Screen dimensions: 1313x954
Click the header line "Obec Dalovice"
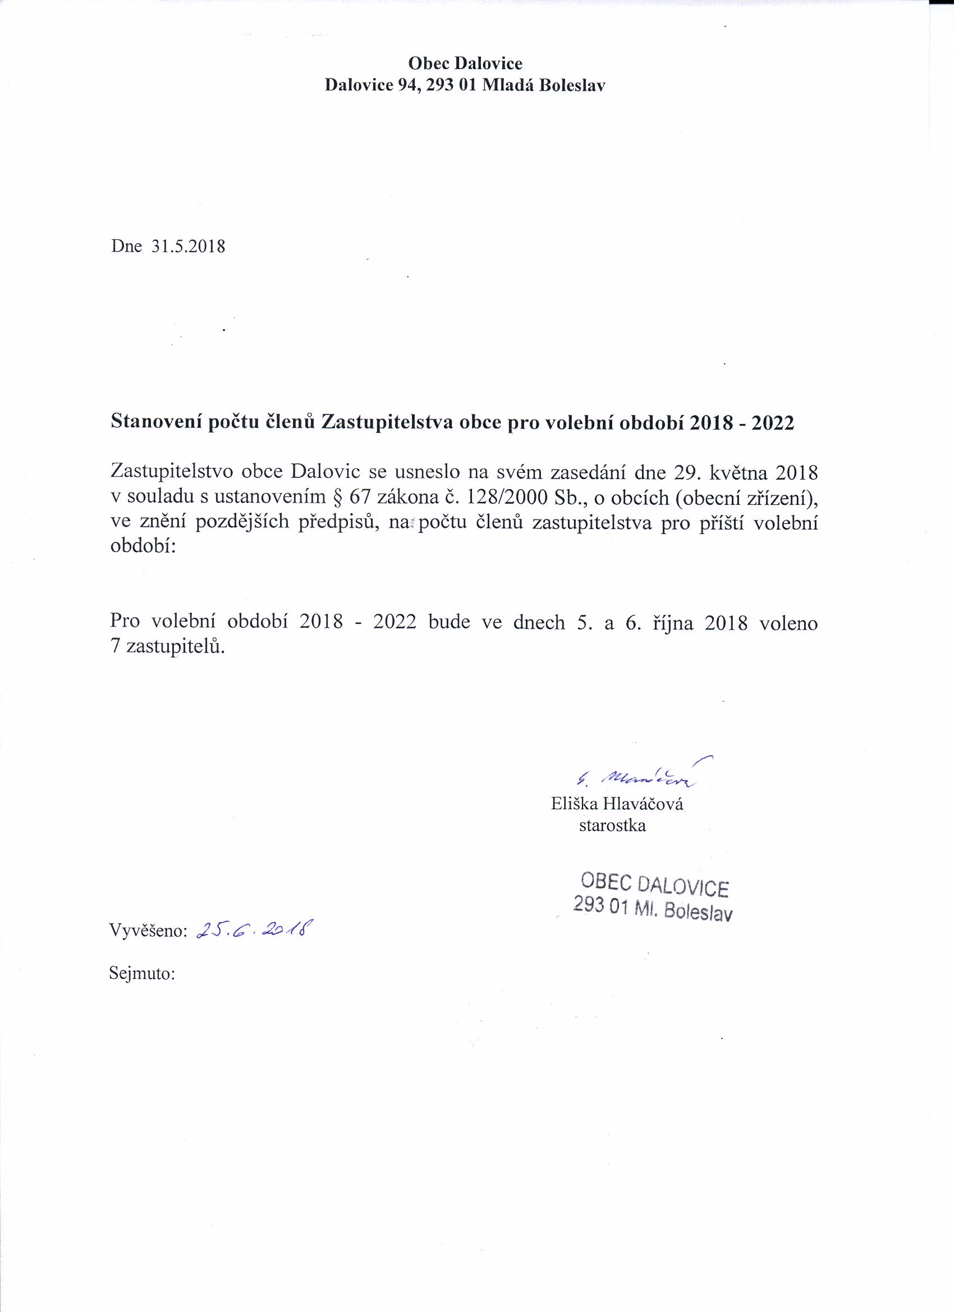465,62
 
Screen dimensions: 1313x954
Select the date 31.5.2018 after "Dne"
188,247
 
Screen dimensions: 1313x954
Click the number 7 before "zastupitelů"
114,646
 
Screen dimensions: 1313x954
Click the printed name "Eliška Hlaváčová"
617,804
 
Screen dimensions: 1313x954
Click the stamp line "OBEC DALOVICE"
654,885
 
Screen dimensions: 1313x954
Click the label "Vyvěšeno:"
148,931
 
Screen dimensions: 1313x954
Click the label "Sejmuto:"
142,973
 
